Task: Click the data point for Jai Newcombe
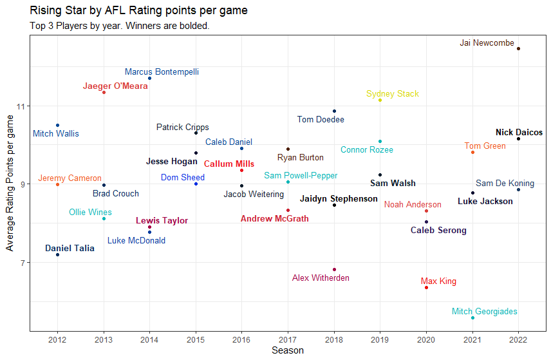518,48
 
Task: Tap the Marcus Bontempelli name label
162,72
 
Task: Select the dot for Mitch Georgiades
472,317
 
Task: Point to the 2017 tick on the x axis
288,339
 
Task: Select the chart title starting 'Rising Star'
138,11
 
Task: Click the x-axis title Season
288,351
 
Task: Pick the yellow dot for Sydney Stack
380,100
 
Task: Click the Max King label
438,281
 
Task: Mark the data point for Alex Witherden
334,269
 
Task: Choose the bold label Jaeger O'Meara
115,86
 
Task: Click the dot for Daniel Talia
57,255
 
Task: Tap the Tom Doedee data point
334,111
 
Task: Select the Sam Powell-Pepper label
301,176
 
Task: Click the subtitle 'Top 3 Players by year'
119,26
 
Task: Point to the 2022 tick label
518,339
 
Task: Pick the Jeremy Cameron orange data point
57,184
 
